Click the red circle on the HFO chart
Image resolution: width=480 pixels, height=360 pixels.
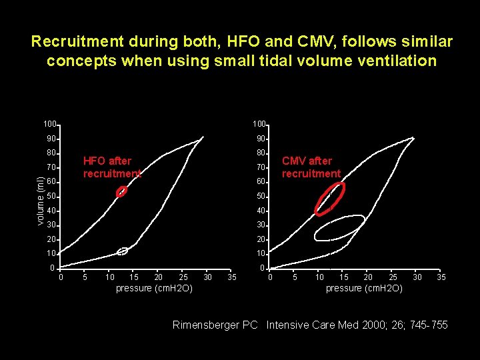click(121, 192)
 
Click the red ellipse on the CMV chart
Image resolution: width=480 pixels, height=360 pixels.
click(330, 199)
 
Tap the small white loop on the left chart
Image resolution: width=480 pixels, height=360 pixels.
click(122, 251)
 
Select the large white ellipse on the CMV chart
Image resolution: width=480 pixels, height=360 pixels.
click(339, 228)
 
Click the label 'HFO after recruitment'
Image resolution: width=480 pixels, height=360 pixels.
click(111, 167)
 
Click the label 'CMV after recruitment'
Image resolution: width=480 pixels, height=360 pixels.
click(311, 167)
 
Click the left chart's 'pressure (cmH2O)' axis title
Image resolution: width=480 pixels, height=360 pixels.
click(154, 288)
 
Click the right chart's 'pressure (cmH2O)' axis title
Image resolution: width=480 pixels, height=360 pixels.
click(364, 288)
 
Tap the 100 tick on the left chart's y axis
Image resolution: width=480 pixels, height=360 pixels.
click(49, 124)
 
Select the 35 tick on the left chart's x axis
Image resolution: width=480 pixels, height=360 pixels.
click(231, 277)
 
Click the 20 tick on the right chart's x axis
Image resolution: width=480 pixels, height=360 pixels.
click(368, 277)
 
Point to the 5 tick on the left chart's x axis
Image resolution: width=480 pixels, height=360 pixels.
click(85, 277)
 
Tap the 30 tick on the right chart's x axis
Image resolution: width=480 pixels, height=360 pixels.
click(417, 277)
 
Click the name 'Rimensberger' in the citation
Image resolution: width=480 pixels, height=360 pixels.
click(207, 325)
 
